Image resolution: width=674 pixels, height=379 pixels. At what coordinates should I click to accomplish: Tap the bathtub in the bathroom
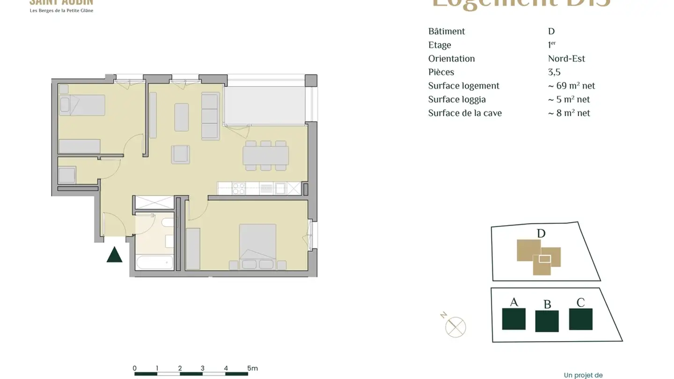(154, 262)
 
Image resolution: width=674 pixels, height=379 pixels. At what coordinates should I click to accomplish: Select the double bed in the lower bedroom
(257, 244)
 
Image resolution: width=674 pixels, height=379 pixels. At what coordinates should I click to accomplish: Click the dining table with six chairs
(266, 155)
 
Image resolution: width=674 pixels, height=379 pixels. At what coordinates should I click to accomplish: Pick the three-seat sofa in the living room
(210, 116)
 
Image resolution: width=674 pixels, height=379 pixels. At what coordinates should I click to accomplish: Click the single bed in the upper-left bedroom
(82, 105)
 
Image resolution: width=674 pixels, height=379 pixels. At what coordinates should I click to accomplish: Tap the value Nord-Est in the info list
(566, 58)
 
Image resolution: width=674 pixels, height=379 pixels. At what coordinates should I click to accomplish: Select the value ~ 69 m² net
(571, 86)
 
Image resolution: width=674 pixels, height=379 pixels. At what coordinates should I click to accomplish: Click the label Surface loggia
(457, 99)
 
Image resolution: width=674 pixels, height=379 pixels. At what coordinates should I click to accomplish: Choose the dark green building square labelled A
(513, 319)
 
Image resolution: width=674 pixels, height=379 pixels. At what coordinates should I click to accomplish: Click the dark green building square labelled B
(547, 321)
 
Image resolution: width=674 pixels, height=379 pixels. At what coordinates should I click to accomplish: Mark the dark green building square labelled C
(580, 319)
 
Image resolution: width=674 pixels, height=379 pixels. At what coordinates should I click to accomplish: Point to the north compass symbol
(455, 327)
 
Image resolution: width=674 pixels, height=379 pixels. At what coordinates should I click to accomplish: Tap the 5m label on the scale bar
(252, 368)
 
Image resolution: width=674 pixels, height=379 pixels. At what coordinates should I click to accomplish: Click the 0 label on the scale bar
(135, 368)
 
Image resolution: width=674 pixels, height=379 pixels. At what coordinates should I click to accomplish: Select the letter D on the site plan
(541, 233)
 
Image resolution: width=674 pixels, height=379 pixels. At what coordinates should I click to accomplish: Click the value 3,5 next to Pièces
(554, 72)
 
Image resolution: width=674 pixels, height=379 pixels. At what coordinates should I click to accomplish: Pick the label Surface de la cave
(465, 113)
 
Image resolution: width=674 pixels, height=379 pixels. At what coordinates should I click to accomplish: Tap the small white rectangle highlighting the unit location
(544, 258)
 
